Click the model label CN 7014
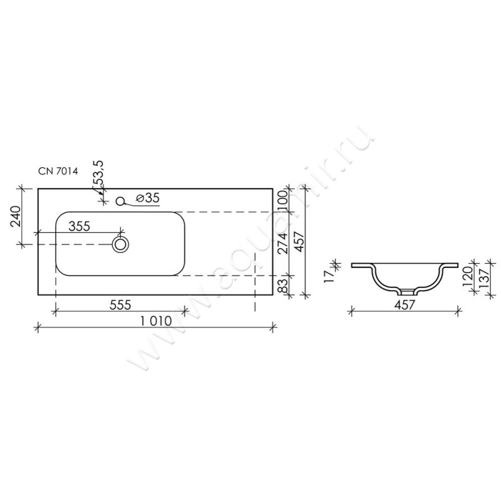click(x=58, y=171)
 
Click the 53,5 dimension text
click(x=100, y=173)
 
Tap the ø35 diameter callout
click(x=147, y=198)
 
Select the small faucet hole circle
click(x=120, y=201)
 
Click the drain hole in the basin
click(x=120, y=245)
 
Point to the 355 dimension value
click(x=80, y=226)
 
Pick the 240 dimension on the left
click(x=16, y=216)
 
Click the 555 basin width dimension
click(x=120, y=305)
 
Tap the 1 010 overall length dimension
click(x=156, y=321)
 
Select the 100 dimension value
click(x=283, y=200)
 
